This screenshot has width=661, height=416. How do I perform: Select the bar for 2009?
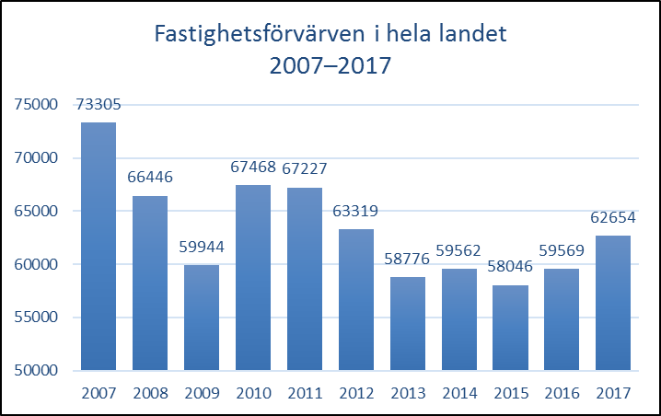click(202, 318)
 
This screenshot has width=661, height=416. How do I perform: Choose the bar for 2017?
click(614, 303)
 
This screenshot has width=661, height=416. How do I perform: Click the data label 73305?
click(99, 106)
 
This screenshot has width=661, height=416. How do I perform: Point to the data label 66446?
click(150, 178)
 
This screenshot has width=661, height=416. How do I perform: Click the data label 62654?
click(614, 218)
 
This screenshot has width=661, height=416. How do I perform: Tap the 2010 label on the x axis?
click(253, 393)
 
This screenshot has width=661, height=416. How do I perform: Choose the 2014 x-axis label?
click(459, 393)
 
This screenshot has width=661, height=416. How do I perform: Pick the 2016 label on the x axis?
click(562, 393)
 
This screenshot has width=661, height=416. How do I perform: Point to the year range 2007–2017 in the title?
click(330, 66)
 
